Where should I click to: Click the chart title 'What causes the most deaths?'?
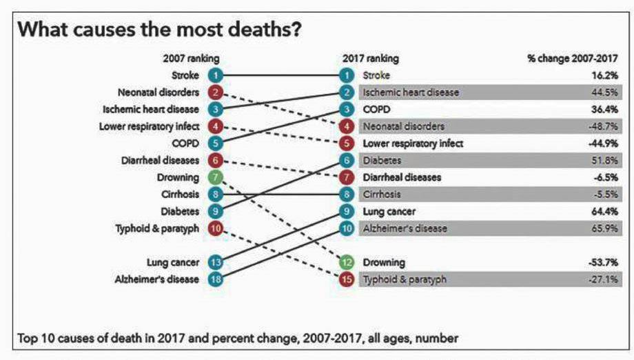pos(161,30)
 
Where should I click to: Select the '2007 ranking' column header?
pos(190,59)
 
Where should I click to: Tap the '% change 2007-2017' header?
pos(572,59)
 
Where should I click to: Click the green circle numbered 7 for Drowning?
pos(216,177)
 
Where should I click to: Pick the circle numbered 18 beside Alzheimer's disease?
pos(216,279)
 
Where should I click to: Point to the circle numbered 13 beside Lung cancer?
pos(216,262)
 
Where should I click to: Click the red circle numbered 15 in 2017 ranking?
pos(348,279)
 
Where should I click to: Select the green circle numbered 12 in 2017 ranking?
pos(348,262)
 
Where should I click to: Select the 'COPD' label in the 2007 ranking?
pos(185,143)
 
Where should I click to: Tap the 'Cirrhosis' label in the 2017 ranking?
pos(380,194)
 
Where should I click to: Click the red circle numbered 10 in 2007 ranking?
pos(216,228)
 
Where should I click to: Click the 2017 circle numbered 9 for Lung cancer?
pos(348,212)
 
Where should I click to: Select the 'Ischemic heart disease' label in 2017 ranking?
pos(410,92)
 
